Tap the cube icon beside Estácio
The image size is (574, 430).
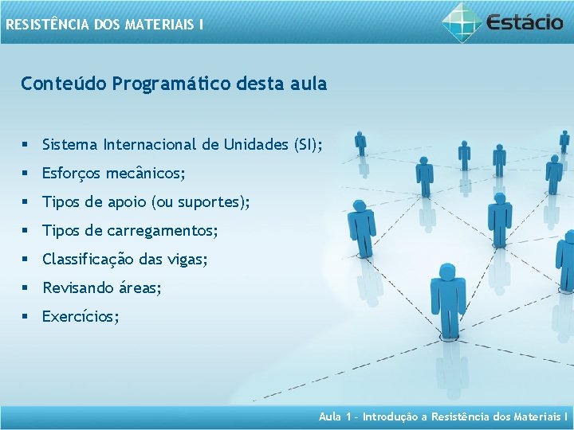point(463,21)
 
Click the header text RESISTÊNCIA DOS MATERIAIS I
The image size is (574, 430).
point(104,25)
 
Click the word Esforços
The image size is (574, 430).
point(71,174)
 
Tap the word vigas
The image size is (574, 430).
point(187,260)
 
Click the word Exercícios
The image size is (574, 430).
point(79,317)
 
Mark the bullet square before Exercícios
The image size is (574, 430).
point(26,317)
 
